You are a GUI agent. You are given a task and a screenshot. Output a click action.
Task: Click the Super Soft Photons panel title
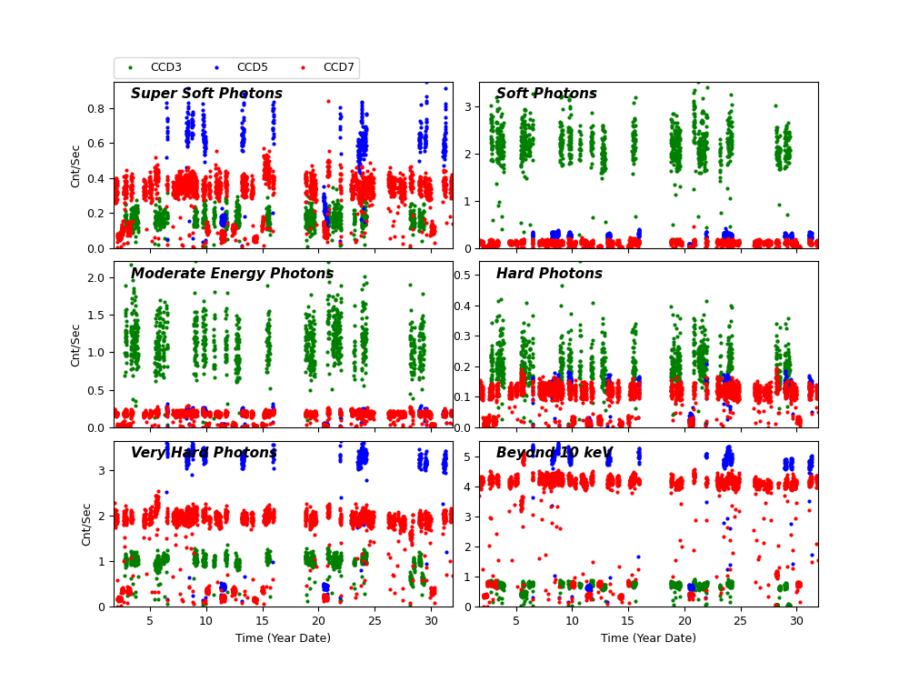[x=206, y=94]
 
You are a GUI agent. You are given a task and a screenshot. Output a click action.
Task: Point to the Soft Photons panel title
[x=546, y=94]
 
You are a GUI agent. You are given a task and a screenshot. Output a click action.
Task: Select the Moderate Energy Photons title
[x=232, y=274]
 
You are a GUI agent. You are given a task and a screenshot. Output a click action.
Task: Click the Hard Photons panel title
[x=549, y=274]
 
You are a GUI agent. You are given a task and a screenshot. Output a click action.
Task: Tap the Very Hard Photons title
[x=204, y=453]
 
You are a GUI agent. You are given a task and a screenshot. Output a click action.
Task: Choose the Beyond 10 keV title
[x=554, y=453]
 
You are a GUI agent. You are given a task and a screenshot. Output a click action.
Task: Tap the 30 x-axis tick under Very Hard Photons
[x=431, y=619]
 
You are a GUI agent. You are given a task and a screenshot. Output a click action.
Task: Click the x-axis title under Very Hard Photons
[x=283, y=638]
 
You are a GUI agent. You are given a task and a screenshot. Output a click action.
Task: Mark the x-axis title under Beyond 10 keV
[x=648, y=638]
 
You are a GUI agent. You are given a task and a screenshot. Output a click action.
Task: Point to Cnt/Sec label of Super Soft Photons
[x=76, y=165]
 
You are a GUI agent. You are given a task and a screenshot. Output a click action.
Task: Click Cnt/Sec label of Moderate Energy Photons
[x=76, y=345]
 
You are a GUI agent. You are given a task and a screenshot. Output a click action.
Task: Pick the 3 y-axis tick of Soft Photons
[x=469, y=106]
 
